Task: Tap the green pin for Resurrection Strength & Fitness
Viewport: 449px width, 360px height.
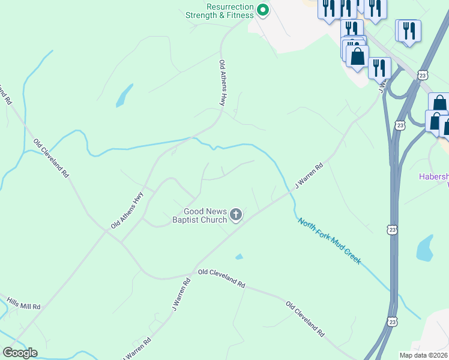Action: click(262, 9)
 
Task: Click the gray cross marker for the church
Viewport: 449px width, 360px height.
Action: click(237, 214)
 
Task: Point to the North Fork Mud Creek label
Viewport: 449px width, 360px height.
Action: click(329, 241)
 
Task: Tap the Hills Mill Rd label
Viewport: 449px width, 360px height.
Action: click(23, 304)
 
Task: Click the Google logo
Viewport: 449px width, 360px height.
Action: click(20, 353)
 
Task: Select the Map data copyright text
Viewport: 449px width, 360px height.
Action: click(423, 355)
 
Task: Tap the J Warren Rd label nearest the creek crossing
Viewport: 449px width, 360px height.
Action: click(309, 176)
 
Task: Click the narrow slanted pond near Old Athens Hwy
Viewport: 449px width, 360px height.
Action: click(124, 95)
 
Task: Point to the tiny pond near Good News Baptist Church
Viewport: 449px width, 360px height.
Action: click(240, 257)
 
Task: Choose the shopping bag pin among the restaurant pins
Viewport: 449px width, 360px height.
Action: click(358, 58)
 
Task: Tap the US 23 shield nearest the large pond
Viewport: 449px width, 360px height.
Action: click(392, 230)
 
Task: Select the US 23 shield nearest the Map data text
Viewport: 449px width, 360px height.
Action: click(392, 322)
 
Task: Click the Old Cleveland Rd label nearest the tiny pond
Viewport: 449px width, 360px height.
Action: click(221, 277)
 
